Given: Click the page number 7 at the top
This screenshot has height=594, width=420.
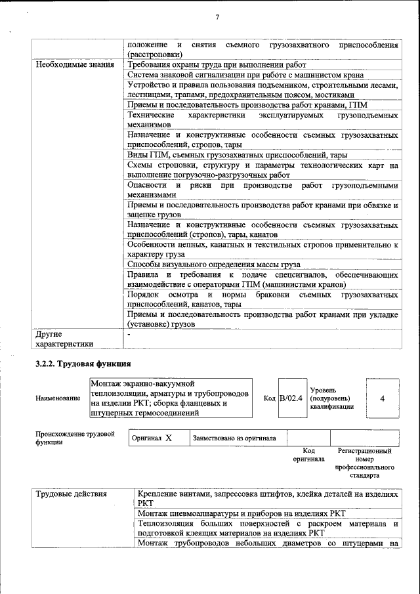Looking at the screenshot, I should click(217, 18).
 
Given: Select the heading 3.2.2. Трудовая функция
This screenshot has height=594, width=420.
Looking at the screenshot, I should click(83, 363).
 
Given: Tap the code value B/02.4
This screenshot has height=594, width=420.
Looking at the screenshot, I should click(291, 398).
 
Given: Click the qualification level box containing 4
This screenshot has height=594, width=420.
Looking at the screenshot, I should click(382, 398).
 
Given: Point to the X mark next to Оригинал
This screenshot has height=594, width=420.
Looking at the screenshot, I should click(169, 438).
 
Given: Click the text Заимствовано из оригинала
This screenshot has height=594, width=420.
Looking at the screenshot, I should click(234, 438).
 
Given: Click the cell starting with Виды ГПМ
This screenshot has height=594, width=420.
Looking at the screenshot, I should click(238, 155).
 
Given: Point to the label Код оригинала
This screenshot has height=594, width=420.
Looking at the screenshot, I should click(309, 455).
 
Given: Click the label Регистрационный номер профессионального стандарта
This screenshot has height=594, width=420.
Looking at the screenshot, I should click(364, 463).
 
